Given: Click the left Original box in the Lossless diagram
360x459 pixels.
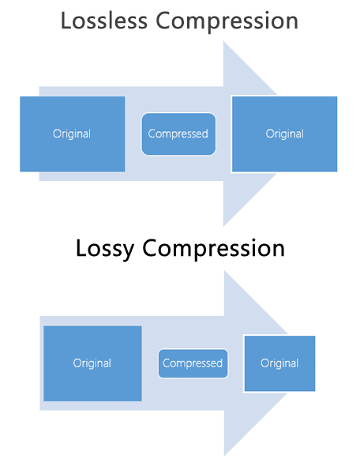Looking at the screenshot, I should (72, 134).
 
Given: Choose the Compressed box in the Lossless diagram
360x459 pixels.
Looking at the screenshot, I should (178, 134).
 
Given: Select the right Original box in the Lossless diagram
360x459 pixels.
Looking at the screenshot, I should (284, 134).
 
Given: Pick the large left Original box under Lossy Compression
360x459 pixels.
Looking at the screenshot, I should (92, 363).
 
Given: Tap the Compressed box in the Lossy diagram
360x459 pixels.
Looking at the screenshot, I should (193, 363).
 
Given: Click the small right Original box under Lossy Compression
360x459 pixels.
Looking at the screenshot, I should (279, 363).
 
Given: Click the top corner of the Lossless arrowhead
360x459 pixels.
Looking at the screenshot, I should (225, 42).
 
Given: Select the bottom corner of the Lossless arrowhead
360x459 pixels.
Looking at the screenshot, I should (225, 225).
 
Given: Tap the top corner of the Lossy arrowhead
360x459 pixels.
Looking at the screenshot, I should (225, 272).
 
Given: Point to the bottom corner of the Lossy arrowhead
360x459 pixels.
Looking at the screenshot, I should (225, 455).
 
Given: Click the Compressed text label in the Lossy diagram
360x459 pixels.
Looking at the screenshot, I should (193, 363).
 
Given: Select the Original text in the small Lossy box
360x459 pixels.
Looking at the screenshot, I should (279, 363).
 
